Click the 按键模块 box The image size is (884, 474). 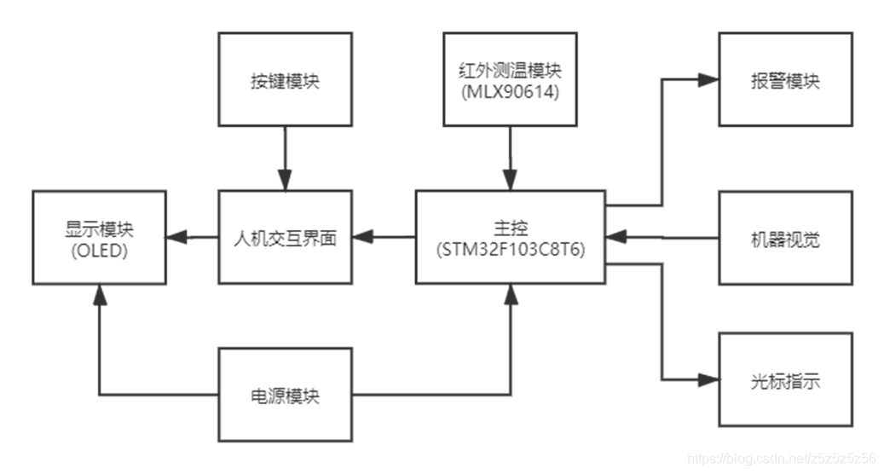pos(285,79)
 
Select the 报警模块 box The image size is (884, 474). pos(785,79)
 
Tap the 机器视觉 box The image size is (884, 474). pos(785,238)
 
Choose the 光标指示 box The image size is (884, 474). pos(785,380)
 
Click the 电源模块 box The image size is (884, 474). pos(285,396)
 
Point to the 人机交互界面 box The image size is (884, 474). pos(285,237)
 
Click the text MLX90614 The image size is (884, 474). pos(511,93)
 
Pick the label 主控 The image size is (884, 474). pos(511,228)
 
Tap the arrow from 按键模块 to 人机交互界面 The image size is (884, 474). pos(285,158)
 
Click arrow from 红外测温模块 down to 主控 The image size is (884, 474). pos(511,158)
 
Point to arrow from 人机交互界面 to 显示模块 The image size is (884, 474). pos(193,237)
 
